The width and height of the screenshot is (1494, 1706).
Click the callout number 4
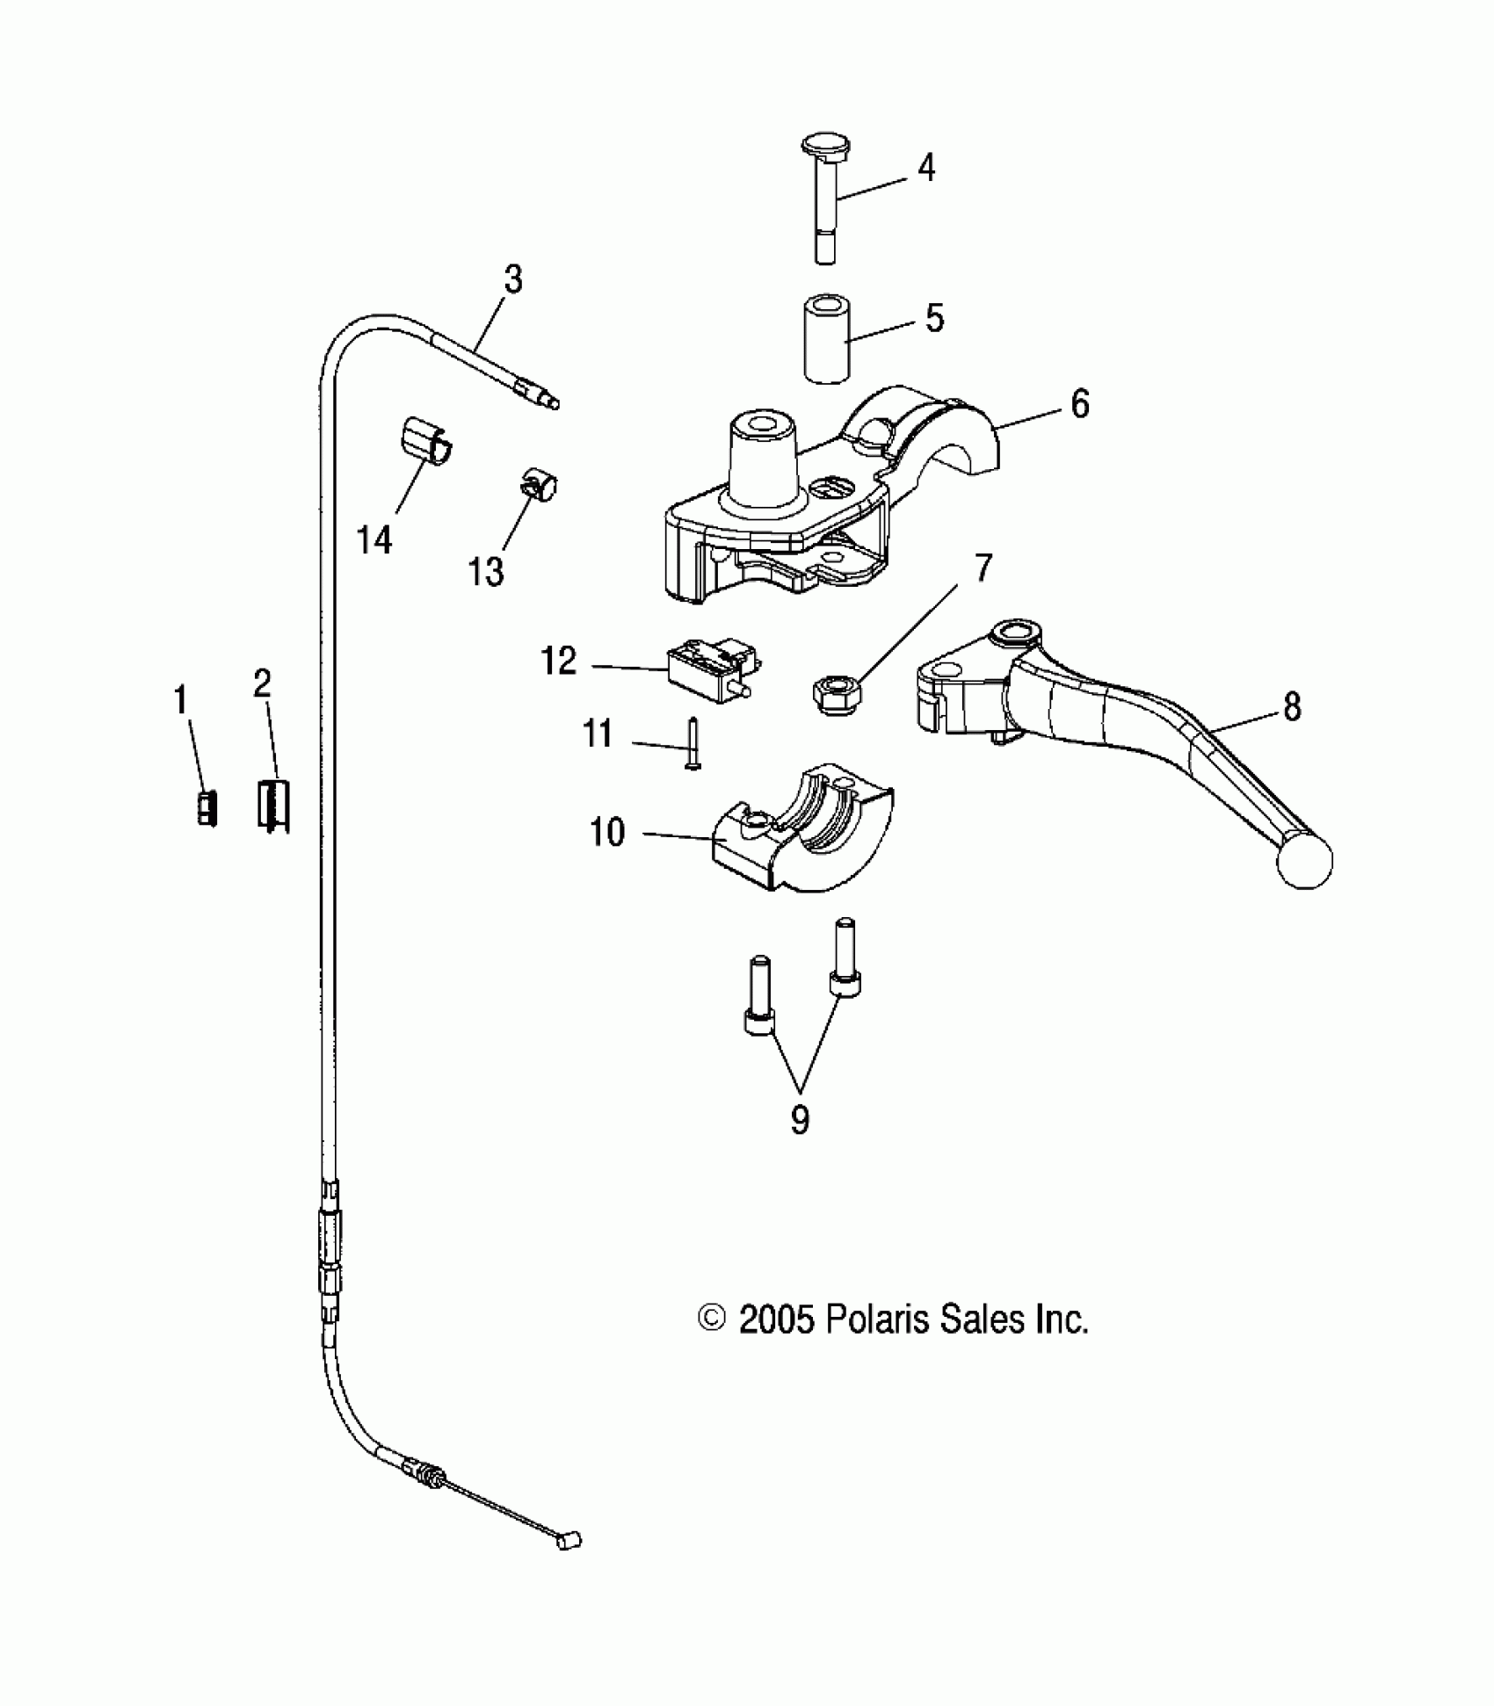[x=926, y=167]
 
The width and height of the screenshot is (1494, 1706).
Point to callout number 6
[x=1079, y=404]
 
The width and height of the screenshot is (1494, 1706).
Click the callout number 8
[x=1291, y=706]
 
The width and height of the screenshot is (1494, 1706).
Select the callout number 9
[x=799, y=1119]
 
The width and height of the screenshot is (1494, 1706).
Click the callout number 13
[x=486, y=571]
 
